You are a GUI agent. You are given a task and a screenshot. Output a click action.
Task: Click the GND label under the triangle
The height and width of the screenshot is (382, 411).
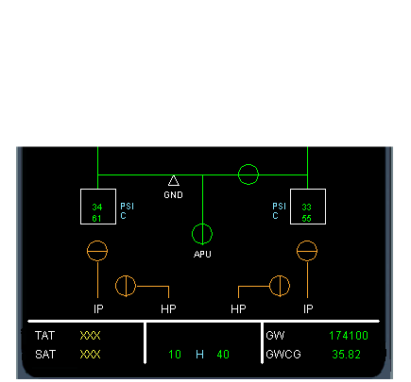coord(173,195)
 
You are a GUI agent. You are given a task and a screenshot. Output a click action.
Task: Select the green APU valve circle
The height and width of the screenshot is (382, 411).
coord(202,224)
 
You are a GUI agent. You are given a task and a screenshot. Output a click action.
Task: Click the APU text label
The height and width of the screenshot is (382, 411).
coord(202,254)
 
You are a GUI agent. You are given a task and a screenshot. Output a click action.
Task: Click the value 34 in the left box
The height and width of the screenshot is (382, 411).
coord(97,208)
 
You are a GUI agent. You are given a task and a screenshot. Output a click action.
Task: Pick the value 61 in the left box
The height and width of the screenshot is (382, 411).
coord(97,218)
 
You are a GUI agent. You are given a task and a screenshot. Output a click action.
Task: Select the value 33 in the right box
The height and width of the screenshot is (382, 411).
coord(306,208)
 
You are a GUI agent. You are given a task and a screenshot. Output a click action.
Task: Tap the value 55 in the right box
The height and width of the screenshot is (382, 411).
coord(306,218)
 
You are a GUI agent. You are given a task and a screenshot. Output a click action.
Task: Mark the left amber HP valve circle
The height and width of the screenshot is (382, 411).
coord(116,286)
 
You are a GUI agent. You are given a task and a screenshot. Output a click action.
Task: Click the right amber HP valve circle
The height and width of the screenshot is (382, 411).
coord(289,286)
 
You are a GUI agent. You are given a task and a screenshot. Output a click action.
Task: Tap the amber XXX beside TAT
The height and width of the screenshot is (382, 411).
coord(90,336)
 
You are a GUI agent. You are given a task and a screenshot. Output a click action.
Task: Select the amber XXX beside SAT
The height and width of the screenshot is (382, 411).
coord(90,355)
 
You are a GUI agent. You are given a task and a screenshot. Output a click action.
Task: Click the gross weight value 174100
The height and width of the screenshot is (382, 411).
coord(349,336)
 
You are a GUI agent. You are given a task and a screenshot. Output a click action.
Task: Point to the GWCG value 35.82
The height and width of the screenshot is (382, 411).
coord(347,355)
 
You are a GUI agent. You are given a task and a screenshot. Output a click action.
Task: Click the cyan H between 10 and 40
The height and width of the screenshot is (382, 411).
coord(199,355)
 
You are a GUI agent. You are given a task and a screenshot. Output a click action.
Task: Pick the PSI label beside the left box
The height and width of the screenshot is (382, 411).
coord(128,207)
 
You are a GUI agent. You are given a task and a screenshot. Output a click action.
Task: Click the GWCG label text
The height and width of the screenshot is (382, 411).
coord(283,355)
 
